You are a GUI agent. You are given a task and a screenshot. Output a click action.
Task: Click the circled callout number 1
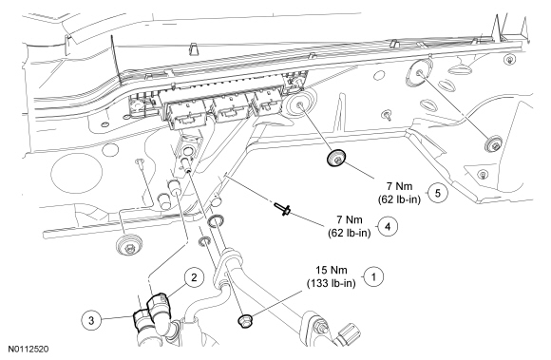373,277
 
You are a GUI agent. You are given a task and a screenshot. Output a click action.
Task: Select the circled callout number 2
194,278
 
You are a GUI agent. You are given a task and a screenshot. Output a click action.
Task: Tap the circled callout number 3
91,320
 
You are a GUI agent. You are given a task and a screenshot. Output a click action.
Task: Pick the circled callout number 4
388,227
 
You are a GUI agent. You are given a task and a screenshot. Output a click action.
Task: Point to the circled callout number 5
438,193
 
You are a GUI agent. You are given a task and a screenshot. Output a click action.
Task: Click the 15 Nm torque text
332,271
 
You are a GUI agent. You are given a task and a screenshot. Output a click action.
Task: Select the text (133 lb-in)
331,283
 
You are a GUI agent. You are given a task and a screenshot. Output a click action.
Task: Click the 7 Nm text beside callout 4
350,220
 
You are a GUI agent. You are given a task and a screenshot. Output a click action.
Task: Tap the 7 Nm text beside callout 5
400,186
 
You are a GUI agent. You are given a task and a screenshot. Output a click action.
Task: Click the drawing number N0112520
28,350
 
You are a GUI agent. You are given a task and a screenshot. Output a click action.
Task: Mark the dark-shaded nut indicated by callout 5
336,158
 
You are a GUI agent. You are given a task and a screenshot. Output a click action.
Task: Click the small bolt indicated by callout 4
282,209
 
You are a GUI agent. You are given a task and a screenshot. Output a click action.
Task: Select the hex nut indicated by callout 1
244,320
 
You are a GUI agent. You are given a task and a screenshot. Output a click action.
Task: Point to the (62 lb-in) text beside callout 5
400,199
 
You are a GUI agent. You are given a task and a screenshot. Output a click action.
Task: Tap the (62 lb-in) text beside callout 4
350,233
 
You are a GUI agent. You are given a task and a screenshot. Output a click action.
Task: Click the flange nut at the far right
493,143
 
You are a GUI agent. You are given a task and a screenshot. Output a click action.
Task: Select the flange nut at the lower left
129,244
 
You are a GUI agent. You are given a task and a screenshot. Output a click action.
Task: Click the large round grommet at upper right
419,74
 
